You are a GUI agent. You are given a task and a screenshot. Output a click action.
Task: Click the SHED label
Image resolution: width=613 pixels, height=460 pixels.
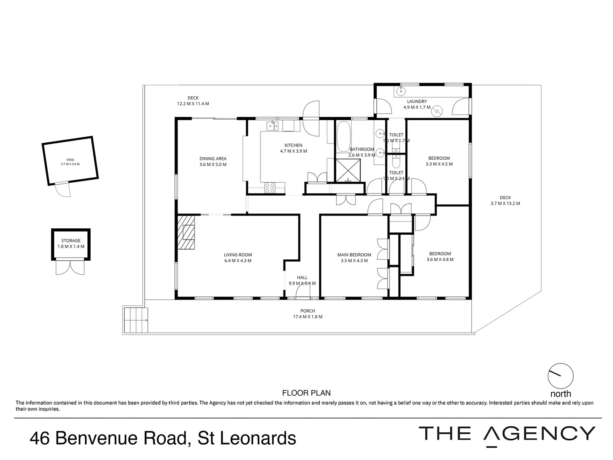pyautogui.click(x=70, y=160)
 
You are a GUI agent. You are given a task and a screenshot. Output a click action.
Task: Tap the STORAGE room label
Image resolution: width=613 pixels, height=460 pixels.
pyautogui.click(x=71, y=241)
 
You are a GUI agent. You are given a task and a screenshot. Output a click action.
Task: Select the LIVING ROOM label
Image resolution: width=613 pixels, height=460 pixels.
pyautogui.click(x=238, y=255)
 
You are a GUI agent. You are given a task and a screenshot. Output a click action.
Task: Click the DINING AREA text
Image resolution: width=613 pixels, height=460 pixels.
pyautogui.click(x=213, y=159)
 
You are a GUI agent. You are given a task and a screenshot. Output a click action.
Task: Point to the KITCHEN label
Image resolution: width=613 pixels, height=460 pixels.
pyautogui.click(x=293, y=145)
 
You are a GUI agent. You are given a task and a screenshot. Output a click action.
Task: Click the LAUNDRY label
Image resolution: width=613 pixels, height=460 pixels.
pyautogui.click(x=416, y=101)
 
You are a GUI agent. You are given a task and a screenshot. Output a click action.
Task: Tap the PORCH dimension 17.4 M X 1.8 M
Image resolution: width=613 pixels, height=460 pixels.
pyautogui.click(x=307, y=316)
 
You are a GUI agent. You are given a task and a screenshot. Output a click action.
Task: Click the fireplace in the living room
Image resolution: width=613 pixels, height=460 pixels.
pyautogui.click(x=186, y=233)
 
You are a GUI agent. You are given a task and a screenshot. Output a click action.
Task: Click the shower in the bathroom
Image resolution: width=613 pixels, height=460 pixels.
pyautogui.click(x=349, y=171)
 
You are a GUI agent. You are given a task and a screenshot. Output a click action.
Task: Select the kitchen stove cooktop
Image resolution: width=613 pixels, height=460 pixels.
pyautogui.click(x=269, y=187)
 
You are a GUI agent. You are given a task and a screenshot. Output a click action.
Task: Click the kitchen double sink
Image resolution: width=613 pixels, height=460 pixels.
pyautogui.click(x=272, y=125)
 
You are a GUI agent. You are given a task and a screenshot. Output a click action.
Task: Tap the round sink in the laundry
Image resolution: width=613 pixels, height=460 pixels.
pyautogui.click(x=400, y=91)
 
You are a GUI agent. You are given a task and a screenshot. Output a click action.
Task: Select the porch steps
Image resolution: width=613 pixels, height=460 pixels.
pyautogui.click(x=135, y=320)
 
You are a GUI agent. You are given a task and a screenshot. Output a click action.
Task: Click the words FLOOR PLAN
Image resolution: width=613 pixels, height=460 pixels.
pyautogui.click(x=306, y=393)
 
